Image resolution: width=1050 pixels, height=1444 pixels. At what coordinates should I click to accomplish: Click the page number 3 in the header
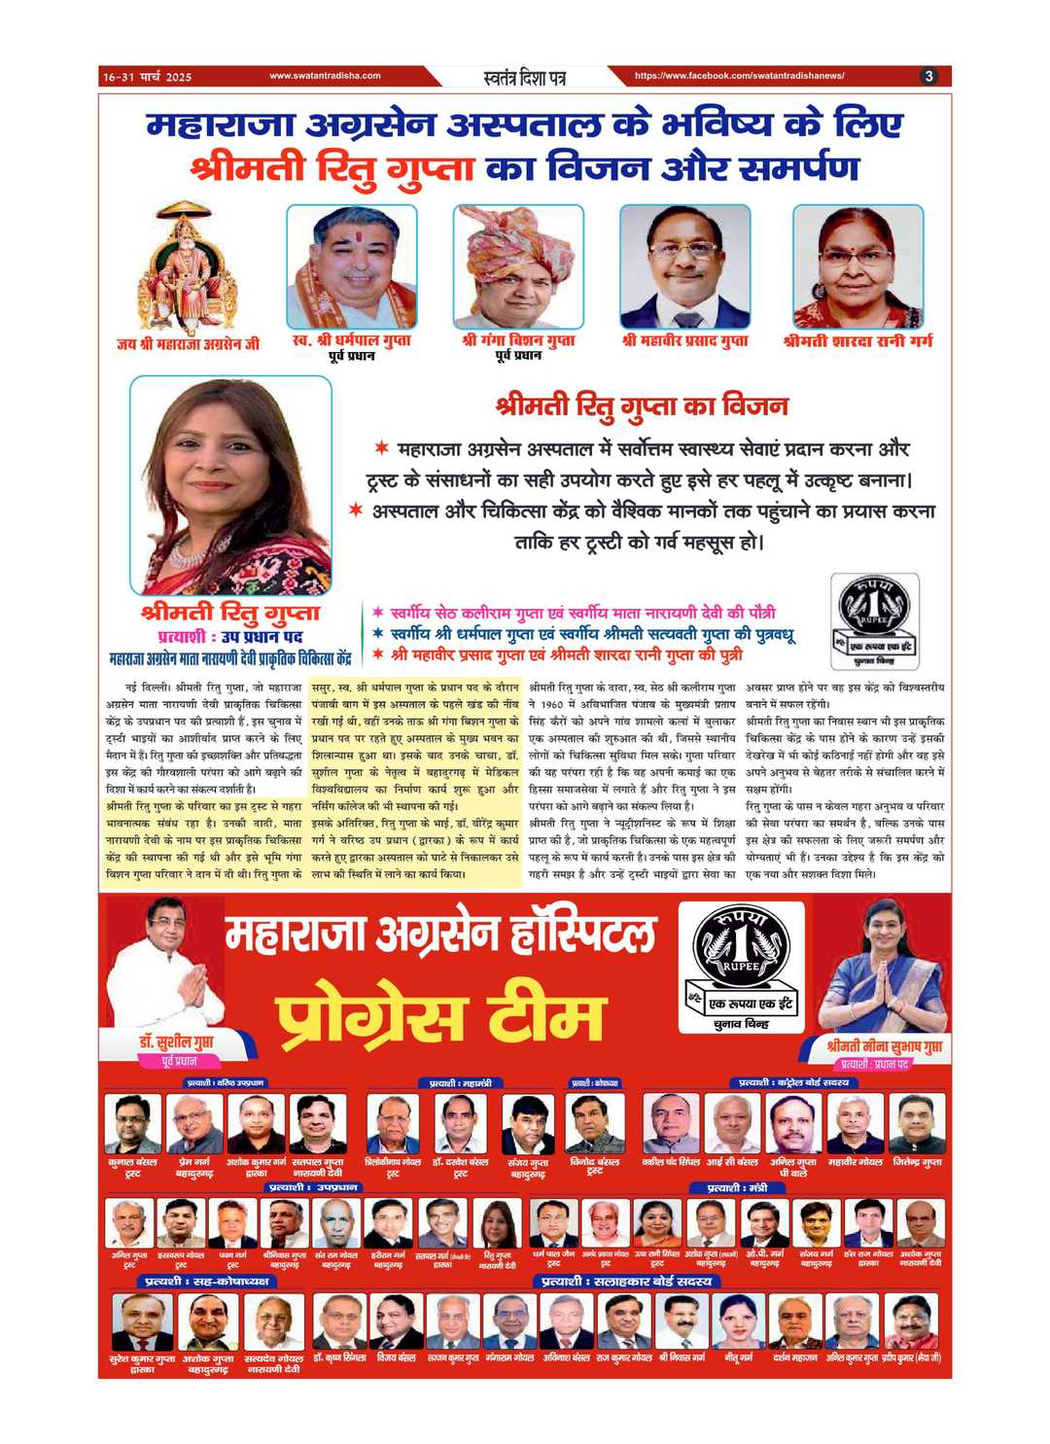pyautogui.click(x=929, y=76)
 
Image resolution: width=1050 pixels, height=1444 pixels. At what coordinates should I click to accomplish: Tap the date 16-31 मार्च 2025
pyautogui.click(x=148, y=77)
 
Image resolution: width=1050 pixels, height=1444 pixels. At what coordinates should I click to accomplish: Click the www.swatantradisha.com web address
pyautogui.click(x=325, y=76)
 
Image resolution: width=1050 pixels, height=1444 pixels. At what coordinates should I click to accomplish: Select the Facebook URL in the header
pyautogui.click(x=739, y=76)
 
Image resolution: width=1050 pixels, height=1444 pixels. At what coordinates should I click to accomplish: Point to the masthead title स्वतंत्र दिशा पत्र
pyautogui.click(x=524, y=77)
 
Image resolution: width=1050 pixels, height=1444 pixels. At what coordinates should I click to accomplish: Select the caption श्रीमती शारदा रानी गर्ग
pyautogui.click(x=857, y=341)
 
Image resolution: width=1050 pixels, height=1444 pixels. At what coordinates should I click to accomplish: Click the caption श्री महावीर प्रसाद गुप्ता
pyautogui.click(x=685, y=341)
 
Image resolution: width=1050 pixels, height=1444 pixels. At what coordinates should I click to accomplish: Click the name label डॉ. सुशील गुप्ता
pyautogui.click(x=176, y=1043)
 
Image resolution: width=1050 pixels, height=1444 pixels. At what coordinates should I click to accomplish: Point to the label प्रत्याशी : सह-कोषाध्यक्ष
pyautogui.click(x=207, y=1282)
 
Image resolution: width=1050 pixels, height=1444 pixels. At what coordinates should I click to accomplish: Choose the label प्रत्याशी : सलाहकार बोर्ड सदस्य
pyautogui.click(x=627, y=1282)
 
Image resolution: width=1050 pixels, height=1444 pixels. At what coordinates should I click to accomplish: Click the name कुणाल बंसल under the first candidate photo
pyautogui.click(x=133, y=1162)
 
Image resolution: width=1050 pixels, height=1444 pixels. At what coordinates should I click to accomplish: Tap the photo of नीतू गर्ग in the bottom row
pyautogui.click(x=739, y=1321)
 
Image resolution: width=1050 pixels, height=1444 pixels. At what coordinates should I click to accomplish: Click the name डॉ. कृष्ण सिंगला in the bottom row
pyautogui.click(x=339, y=1357)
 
